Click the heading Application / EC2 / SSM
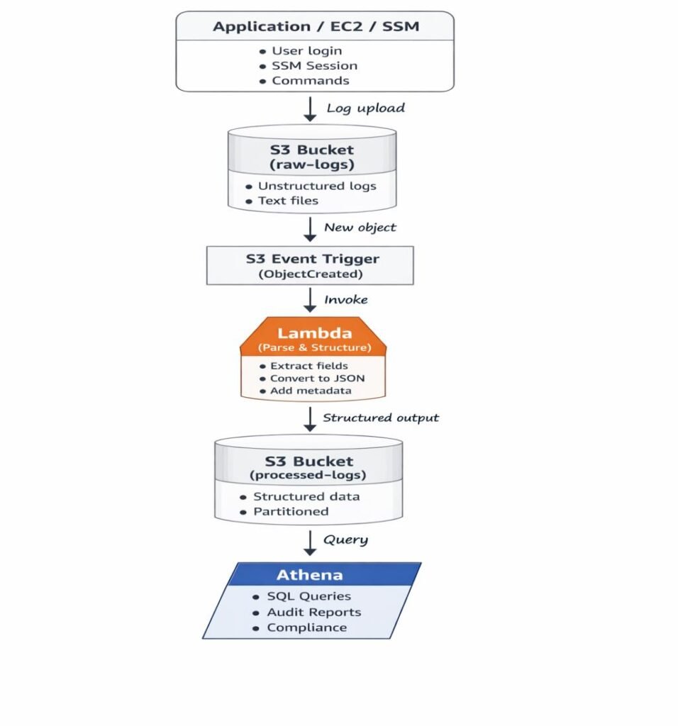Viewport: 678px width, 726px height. click(x=316, y=27)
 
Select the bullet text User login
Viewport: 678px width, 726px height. click(x=306, y=51)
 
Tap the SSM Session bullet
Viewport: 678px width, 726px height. click(x=314, y=66)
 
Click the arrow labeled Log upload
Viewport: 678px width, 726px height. click(x=310, y=108)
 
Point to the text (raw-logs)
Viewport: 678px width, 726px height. click(x=312, y=164)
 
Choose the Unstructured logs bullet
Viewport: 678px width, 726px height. click(x=316, y=186)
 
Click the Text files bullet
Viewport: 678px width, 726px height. click(x=288, y=201)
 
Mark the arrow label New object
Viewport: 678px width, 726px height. click(x=360, y=228)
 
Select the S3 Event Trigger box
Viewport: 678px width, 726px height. click(x=310, y=265)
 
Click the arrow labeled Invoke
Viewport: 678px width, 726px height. click(x=310, y=300)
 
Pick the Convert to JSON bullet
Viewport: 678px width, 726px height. click(x=317, y=379)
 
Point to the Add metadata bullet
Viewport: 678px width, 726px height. click(x=310, y=391)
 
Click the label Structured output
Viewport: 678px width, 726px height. click(x=381, y=418)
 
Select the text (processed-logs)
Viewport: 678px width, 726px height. click(x=309, y=475)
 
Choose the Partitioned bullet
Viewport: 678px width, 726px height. click(x=291, y=511)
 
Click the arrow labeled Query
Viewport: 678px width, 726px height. click(x=310, y=541)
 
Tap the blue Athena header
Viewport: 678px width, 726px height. click(x=309, y=574)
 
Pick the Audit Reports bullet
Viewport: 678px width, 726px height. click(x=313, y=612)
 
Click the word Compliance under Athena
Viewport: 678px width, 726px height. click(x=307, y=627)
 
